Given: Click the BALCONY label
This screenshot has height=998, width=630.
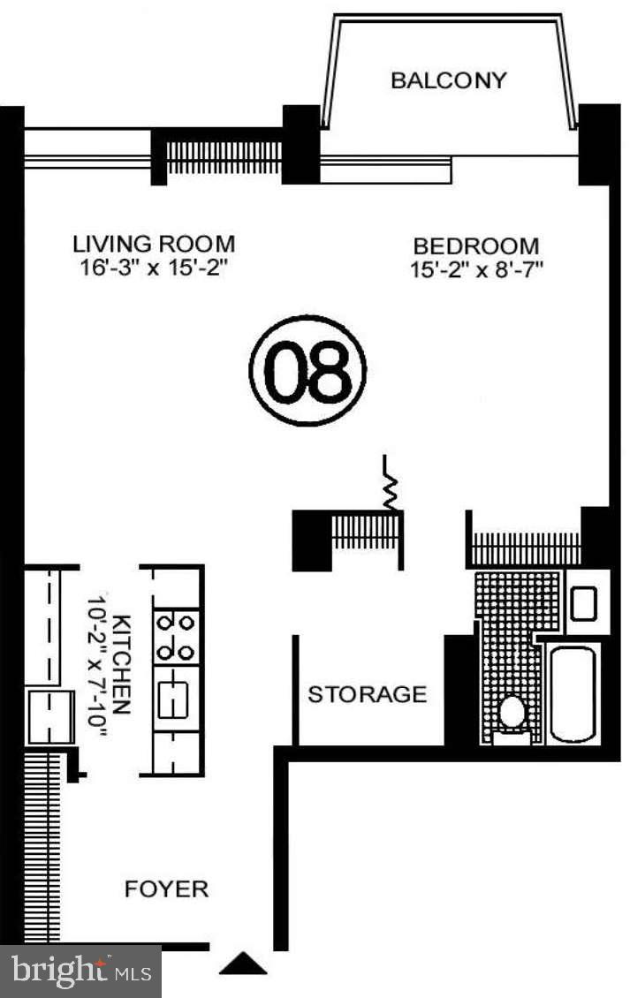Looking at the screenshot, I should click(x=449, y=80).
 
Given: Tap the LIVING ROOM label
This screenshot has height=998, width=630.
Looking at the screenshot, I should click(x=154, y=243).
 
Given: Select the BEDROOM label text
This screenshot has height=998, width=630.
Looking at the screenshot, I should click(x=475, y=246).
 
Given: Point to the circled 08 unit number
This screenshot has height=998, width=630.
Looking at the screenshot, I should click(x=308, y=370).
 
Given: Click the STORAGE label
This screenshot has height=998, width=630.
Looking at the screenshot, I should click(x=367, y=694).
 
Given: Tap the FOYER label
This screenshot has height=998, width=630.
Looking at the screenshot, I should click(x=166, y=888).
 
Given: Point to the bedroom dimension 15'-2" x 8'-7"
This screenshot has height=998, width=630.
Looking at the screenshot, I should click(x=475, y=270).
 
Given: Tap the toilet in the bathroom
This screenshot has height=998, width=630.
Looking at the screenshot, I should click(x=512, y=712).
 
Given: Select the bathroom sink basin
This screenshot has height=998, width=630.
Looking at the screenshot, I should click(x=583, y=604).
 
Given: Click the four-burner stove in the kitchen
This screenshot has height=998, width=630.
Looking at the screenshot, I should click(x=174, y=637).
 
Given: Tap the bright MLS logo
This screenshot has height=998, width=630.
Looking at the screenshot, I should click(x=80, y=971).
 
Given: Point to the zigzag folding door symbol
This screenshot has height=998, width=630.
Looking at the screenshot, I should click(x=390, y=482).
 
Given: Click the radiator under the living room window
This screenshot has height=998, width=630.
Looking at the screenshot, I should click(x=224, y=156).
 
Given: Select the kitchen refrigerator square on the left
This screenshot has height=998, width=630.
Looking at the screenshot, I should click(x=43, y=715).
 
